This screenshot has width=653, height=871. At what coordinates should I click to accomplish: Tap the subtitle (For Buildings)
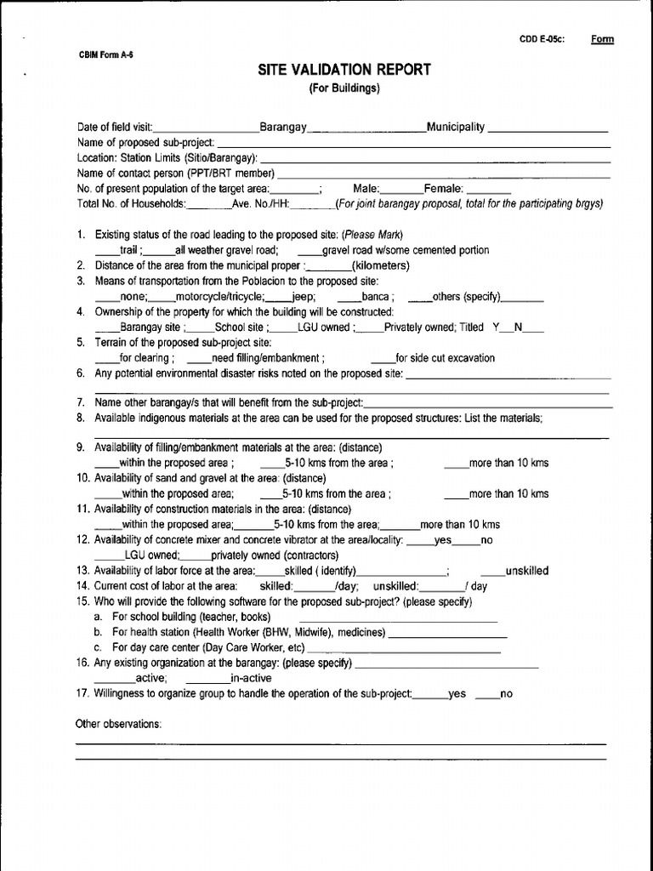click(344, 88)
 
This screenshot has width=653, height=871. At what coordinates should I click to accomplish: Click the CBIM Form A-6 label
click(106, 54)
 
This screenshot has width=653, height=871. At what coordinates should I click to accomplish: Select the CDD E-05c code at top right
click(542, 39)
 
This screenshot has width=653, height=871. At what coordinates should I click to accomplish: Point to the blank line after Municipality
click(548, 129)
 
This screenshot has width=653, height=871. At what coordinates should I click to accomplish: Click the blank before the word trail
click(107, 252)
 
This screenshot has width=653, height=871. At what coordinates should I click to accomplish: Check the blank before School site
click(201, 328)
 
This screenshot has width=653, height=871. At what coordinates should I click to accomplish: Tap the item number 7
click(81, 402)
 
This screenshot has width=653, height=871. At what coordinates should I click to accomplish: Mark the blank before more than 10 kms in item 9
click(457, 464)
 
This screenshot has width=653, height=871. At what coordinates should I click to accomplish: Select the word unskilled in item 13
click(527, 572)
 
